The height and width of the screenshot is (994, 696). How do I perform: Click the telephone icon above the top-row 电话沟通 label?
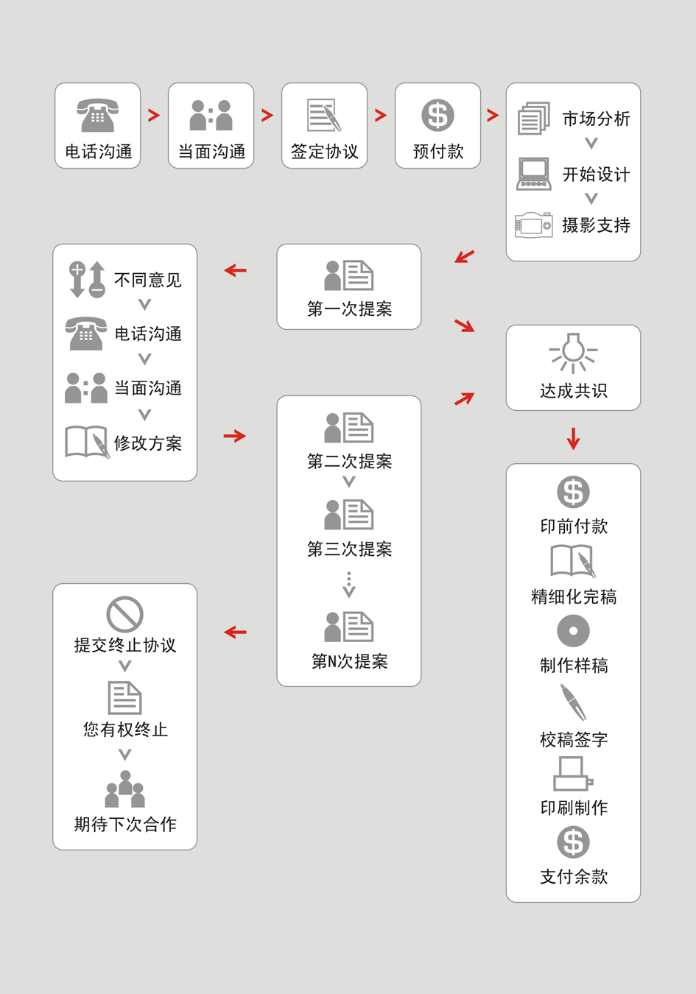point(98,115)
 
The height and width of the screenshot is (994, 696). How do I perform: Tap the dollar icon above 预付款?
point(437,116)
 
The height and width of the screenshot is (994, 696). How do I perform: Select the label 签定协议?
point(324,152)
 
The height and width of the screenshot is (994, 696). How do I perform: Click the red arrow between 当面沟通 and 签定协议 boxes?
point(267,116)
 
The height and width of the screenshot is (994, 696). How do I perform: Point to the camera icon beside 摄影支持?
point(534,225)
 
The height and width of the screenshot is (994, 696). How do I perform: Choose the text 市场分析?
point(596,119)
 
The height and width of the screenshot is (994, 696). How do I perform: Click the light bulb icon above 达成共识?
point(573,353)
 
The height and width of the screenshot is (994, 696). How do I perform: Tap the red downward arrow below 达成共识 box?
point(573,438)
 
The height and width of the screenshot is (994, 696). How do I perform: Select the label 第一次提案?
point(349,309)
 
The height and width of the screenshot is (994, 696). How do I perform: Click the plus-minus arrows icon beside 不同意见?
point(87,280)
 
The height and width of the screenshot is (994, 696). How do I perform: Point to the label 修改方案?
point(148,443)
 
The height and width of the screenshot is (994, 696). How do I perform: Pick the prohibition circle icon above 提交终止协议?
point(124,614)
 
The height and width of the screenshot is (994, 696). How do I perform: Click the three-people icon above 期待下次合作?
point(125,789)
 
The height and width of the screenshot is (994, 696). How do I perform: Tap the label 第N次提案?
point(349,661)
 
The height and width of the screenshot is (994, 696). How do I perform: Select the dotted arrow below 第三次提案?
point(349,585)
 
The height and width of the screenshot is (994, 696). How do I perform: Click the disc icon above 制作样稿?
point(573,631)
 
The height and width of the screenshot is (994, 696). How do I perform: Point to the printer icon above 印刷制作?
point(573,774)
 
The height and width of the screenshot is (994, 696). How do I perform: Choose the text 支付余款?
point(573,876)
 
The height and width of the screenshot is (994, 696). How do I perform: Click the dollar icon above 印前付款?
point(573,493)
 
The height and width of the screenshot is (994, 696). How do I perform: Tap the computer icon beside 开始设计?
point(534,174)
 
